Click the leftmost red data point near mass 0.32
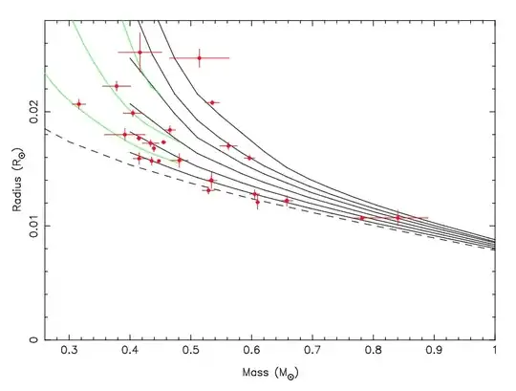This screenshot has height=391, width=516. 78,103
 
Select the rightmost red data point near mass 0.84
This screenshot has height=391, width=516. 398,218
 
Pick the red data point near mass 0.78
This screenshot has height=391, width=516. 362,218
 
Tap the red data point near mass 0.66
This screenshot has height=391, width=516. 287,201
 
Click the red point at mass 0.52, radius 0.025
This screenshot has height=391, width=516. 200,57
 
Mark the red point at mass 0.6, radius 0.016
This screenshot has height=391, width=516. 249,158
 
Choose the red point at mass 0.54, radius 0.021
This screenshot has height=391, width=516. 212,102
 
